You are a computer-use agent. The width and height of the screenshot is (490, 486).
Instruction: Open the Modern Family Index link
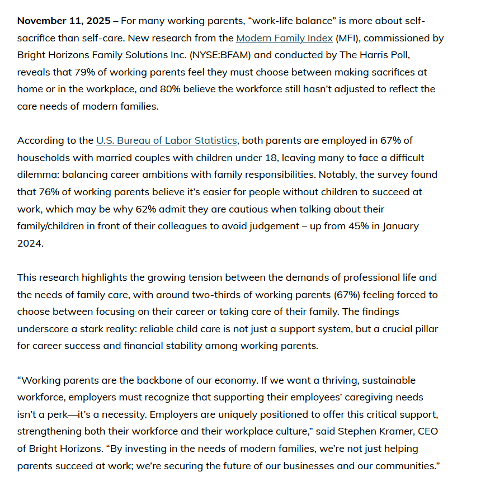pos(284,38)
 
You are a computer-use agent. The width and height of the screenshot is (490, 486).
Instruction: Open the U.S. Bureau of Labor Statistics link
pos(167,140)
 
